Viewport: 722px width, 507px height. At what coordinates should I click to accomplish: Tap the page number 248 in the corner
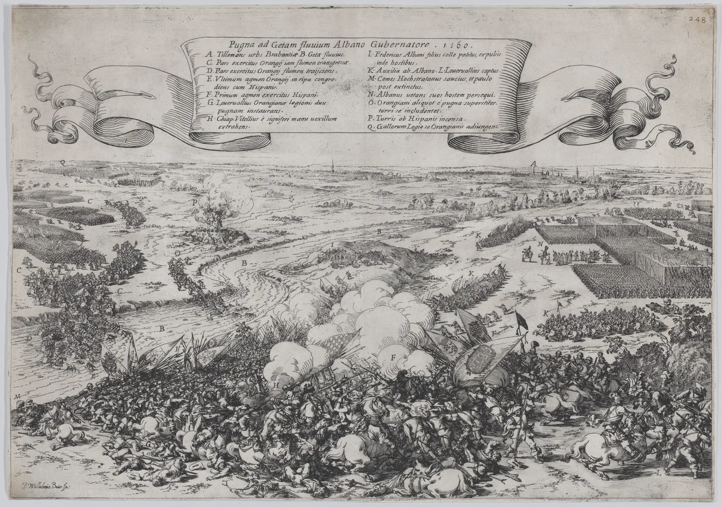[698, 19]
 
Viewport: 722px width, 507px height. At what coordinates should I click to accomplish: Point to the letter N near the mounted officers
[540, 244]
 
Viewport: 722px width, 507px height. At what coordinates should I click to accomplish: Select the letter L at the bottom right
[658, 473]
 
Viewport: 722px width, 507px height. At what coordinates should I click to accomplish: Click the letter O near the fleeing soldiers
[177, 254]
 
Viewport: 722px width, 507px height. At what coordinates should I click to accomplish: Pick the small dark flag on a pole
[521, 322]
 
